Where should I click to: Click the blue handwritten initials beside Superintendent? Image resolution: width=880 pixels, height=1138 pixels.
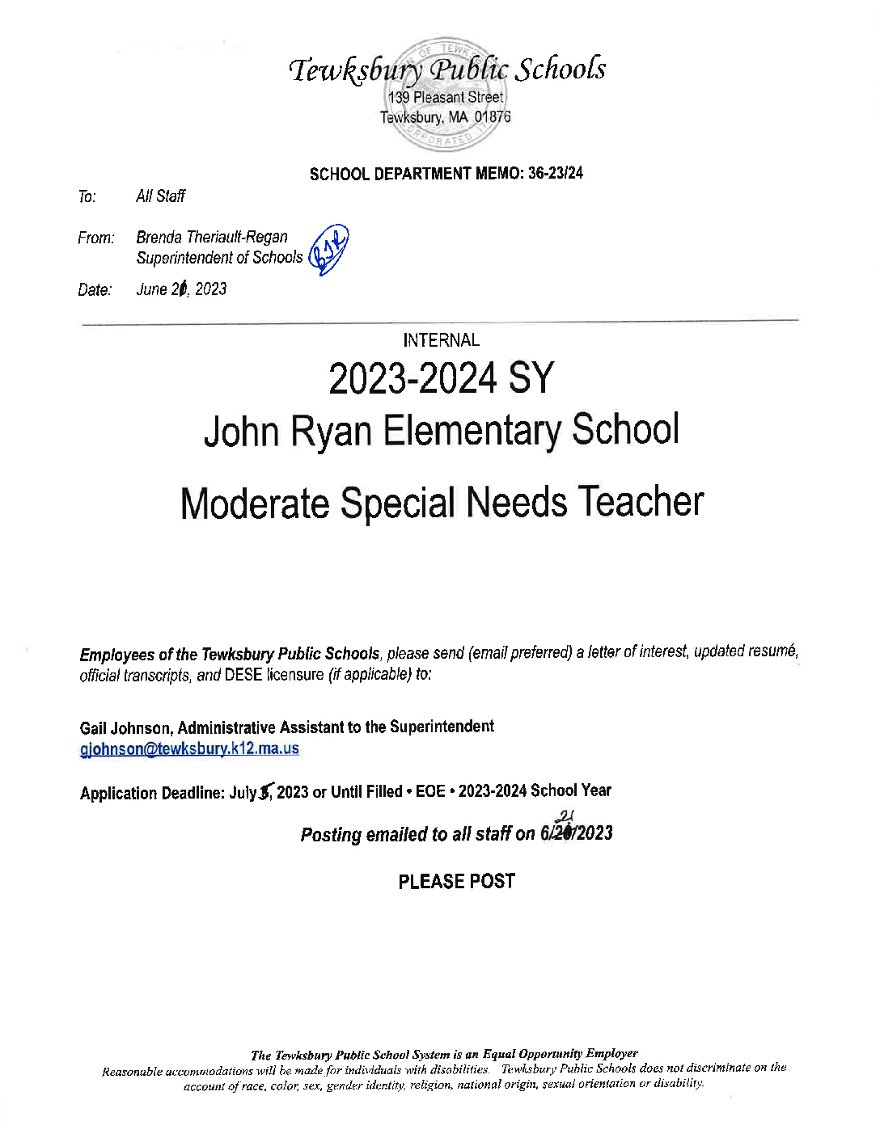[x=329, y=250]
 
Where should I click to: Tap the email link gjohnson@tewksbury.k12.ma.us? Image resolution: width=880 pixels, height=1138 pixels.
[x=189, y=748]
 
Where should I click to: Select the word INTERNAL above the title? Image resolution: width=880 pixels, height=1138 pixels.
[x=441, y=340]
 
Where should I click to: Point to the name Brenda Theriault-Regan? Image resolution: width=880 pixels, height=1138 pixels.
[x=212, y=237]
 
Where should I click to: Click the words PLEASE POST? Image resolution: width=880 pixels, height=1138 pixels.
[x=456, y=881]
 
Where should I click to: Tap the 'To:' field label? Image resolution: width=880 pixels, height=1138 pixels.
[x=87, y=196]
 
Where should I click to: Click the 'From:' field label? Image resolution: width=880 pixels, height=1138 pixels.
[x=95, y=238]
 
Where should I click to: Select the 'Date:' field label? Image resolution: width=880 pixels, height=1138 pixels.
[x=95, y=289]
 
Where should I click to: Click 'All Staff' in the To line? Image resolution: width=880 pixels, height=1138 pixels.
[x=160, y=196]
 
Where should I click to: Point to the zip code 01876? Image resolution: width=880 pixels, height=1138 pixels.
[x=493, y=117]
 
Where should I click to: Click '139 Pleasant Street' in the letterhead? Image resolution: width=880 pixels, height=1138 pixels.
[x=445, y=97]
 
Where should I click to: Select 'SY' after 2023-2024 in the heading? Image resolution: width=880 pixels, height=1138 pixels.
[x=531, y=378]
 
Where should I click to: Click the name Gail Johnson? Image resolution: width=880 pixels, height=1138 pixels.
[x=125, y=727]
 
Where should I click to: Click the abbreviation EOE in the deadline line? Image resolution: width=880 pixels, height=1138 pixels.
[x=430, y=791]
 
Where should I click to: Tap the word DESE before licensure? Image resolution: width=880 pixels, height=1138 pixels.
[x=243, y=674]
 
